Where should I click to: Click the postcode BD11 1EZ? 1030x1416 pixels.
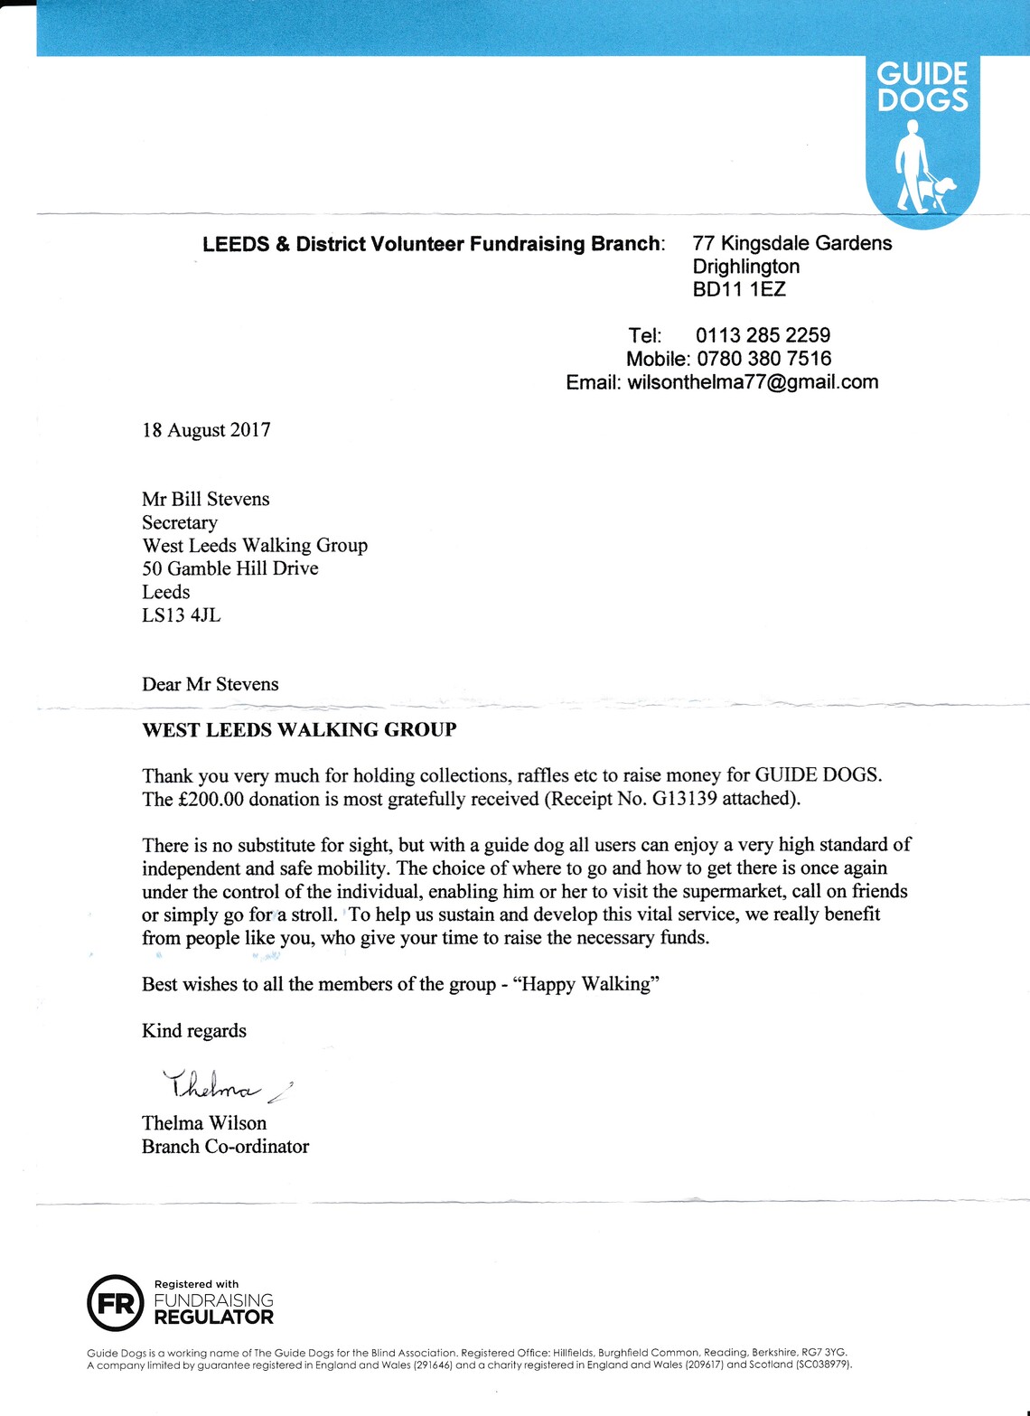[739, 289]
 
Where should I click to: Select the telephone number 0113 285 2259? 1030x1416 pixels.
[763, 335]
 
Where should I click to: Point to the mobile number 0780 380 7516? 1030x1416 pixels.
[763, 359]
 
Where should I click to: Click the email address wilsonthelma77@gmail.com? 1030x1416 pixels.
[753, 381]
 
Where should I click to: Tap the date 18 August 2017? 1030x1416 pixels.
[206, 430]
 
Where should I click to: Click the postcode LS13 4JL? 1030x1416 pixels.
[181, 615]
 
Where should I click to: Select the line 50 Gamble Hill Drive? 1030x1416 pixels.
[229, 568]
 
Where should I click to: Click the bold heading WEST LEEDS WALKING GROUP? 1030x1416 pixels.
[299, 730]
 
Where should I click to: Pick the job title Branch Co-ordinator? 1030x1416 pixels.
[225, 1147]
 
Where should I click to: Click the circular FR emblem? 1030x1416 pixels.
[115, 1302]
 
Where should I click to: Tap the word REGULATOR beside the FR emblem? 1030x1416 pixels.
[213, 1318]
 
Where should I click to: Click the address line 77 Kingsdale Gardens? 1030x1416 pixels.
[791, 243]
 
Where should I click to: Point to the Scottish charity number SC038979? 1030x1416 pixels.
[821, 1364]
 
